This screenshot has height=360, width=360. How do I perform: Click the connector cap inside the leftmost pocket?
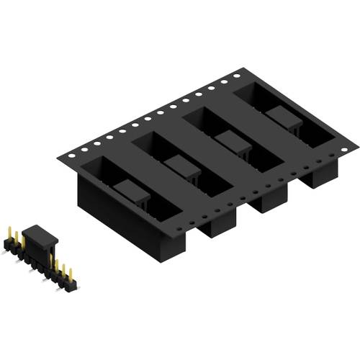(x=132, y=192)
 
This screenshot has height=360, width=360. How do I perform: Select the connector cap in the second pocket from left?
(x=181, y=166)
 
